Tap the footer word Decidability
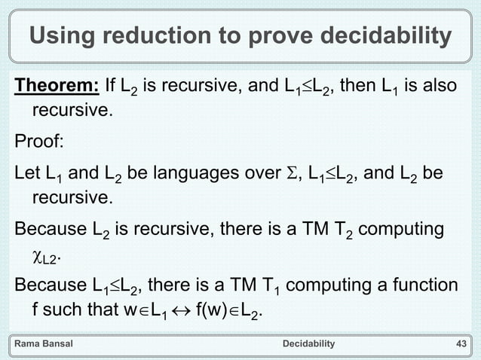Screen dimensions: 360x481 tap(308, 344)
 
